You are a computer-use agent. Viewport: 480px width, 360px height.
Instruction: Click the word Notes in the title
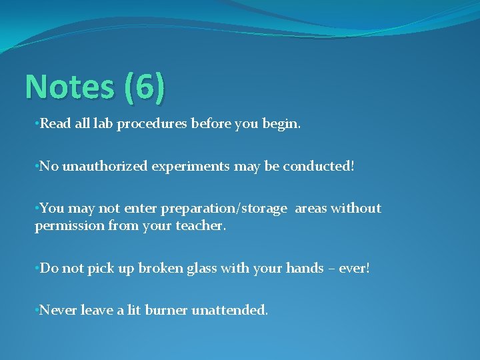point(69,87)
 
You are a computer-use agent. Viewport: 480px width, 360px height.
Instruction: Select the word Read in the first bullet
point(54,124)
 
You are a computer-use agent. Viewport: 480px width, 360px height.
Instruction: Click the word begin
point(283,125)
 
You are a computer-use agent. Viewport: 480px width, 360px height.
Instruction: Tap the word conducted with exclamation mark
point(319,166)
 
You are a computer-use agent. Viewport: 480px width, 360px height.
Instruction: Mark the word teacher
point(201,226)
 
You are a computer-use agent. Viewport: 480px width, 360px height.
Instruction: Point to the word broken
point(155,268)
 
